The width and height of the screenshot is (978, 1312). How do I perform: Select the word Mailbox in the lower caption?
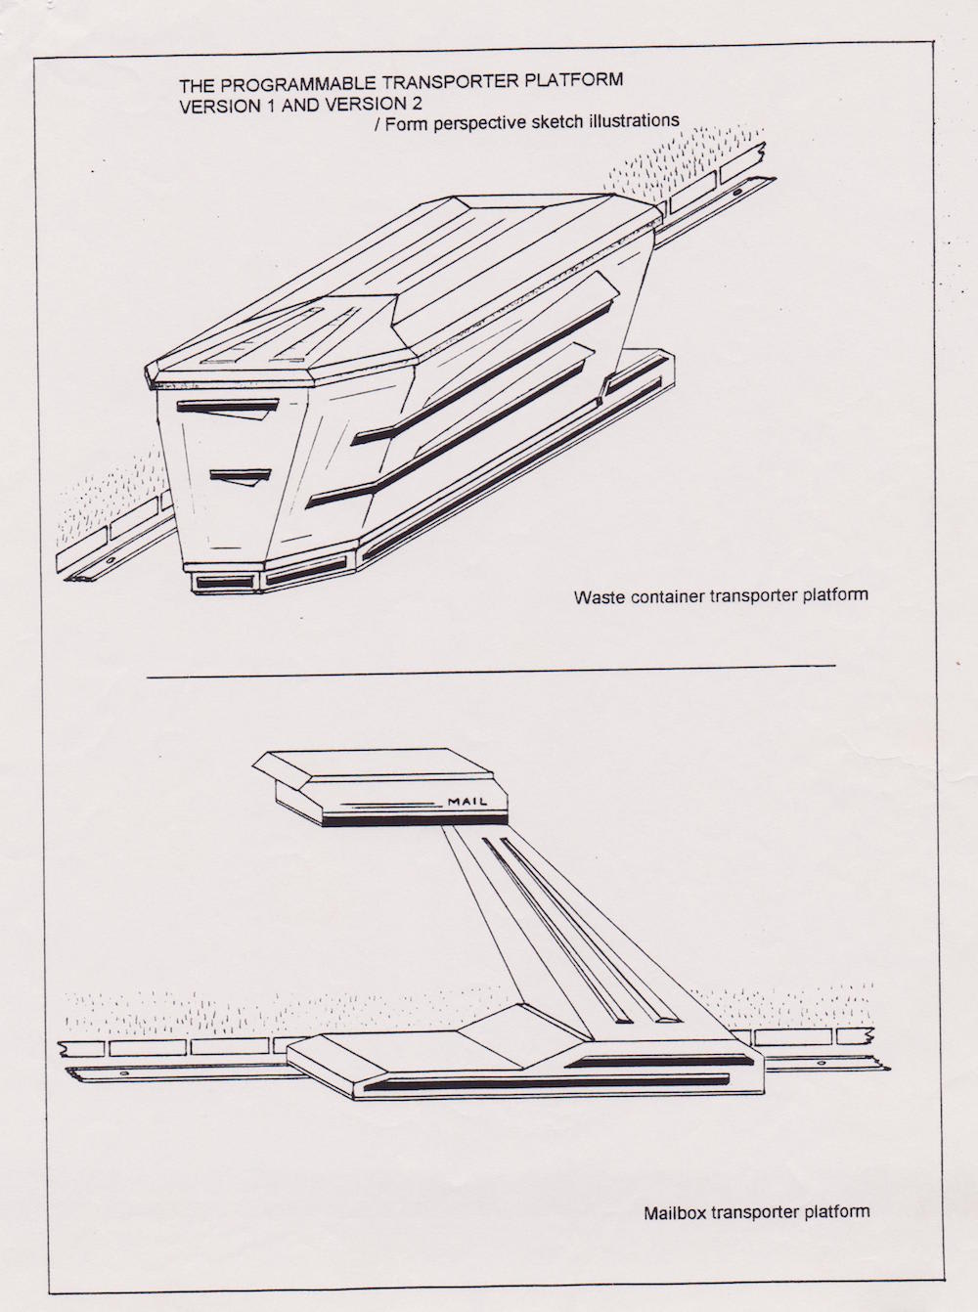pyautogui.click(x=675, y=1213)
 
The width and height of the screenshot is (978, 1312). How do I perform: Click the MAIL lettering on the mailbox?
pyautogui.click(x=467, y=802)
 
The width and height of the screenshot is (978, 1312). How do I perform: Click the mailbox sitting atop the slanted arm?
pyautogui.click(x=381, y=786)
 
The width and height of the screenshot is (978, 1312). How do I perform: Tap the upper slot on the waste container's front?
pyautogui.click(x=227, y=405)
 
